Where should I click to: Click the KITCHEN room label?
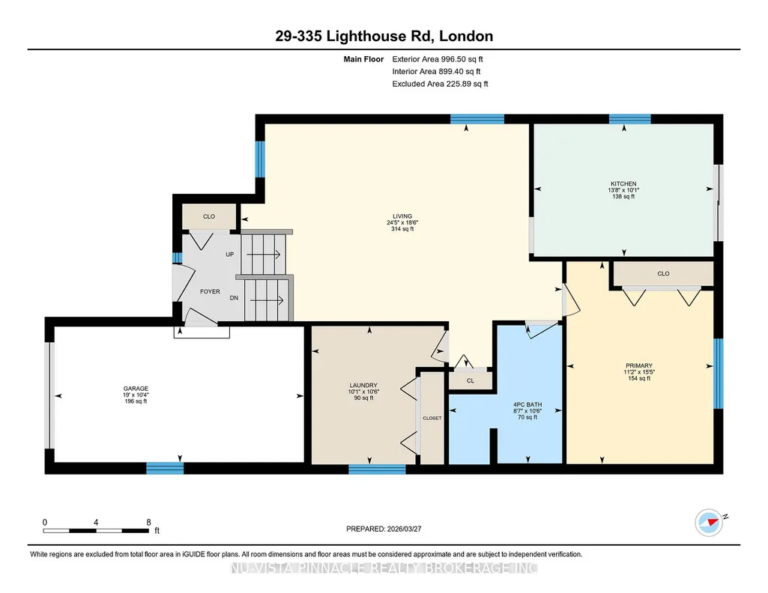click(x=623, y=184)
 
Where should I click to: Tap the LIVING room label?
click(x=402, y=216)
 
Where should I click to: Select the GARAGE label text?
click(x=136, y=389)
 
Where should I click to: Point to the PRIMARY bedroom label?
click(x=638, y=365)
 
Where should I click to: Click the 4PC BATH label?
click(x=527, y=404)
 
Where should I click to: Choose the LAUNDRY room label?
click(x=363, y=385)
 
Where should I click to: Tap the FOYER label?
click(x=210, y=291)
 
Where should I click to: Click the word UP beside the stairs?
click(x=230, y=255)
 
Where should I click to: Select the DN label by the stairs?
click(x=234, y=298)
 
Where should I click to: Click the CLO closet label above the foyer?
click(x=209, y=216)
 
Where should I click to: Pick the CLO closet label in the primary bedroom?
click(x=663, y=273)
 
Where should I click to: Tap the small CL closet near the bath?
click(x=471, y=380)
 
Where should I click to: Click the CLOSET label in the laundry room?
click(x=432, y=419)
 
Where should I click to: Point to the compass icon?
click(x=709, y=523)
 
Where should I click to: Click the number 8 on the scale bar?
click(x=148, y=522)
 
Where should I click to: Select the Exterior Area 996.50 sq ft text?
click(x=438, y=59)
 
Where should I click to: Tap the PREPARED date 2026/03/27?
click(x=404, y=529)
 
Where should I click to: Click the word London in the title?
click(x=466, y=36)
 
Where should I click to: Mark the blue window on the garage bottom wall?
click(x=165, y=468)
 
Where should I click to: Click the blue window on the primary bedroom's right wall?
click(x=719, y=374)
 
